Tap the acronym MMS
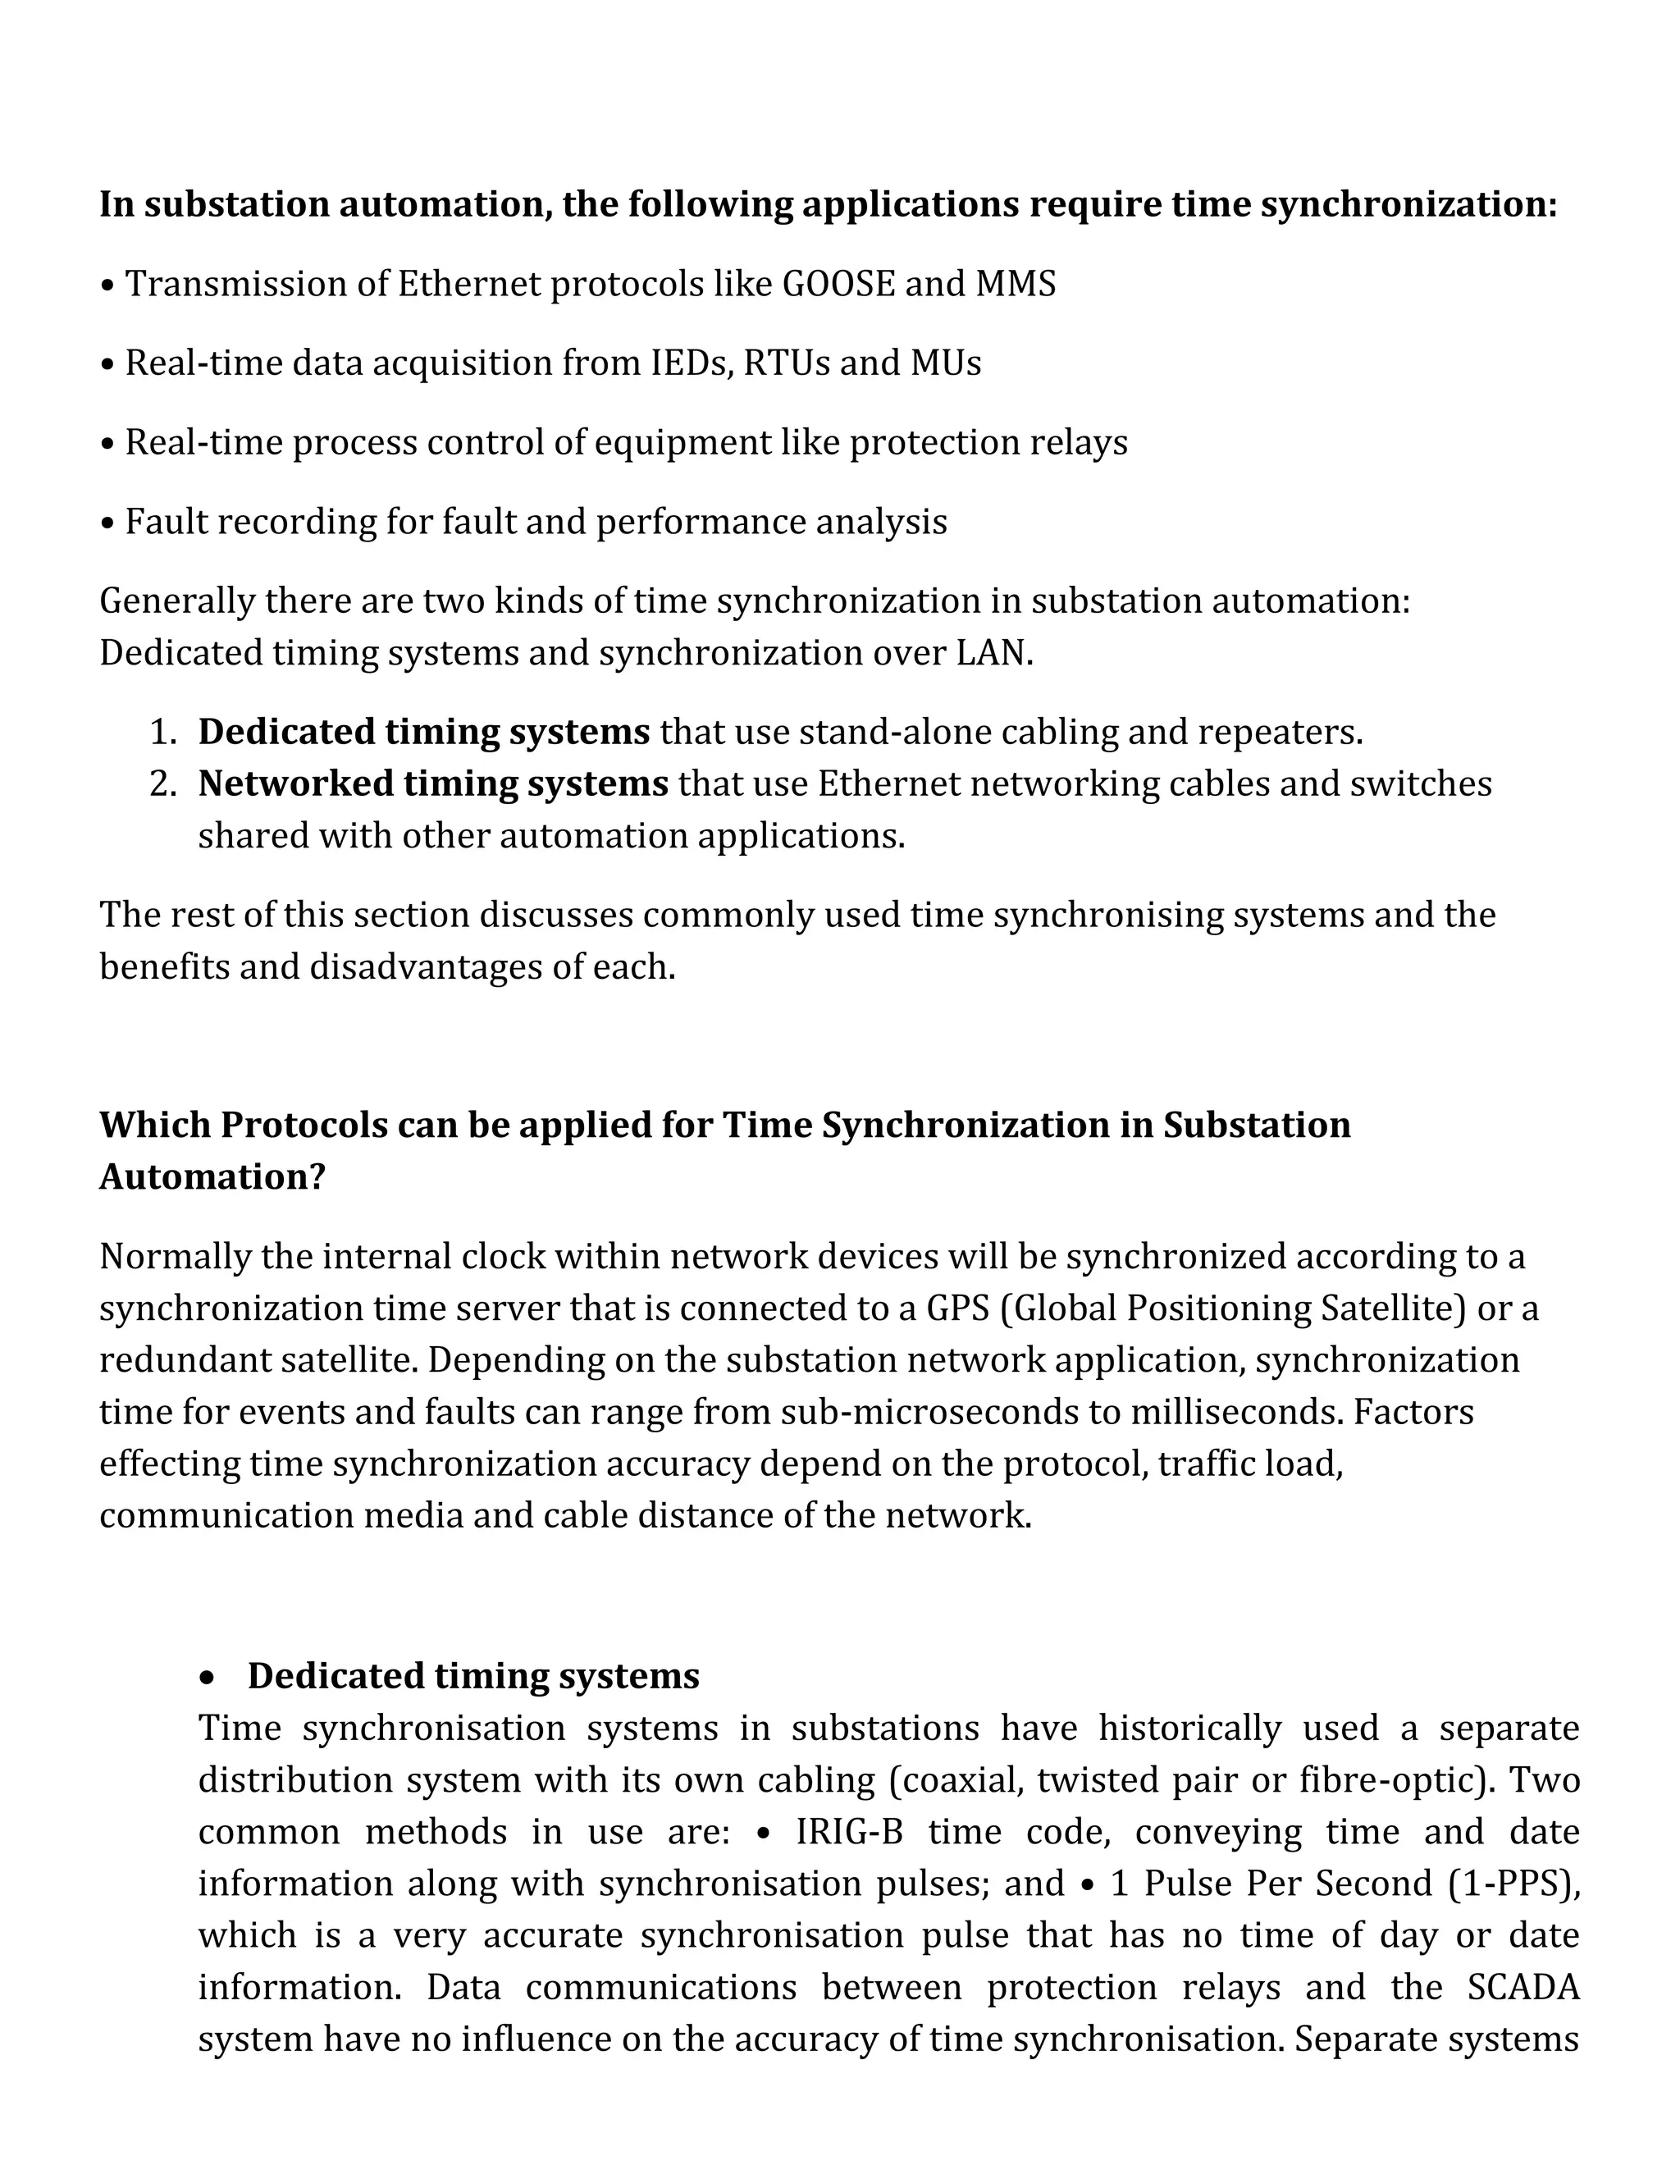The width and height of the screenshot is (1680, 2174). (1016, 285)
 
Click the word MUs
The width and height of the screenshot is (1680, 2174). (946, 363)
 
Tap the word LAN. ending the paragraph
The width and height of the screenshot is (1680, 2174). (994, 653)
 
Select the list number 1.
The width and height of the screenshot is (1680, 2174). (162, 733)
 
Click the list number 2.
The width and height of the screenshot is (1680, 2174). (162, 784)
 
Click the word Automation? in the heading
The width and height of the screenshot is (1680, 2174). (212, 1177)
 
